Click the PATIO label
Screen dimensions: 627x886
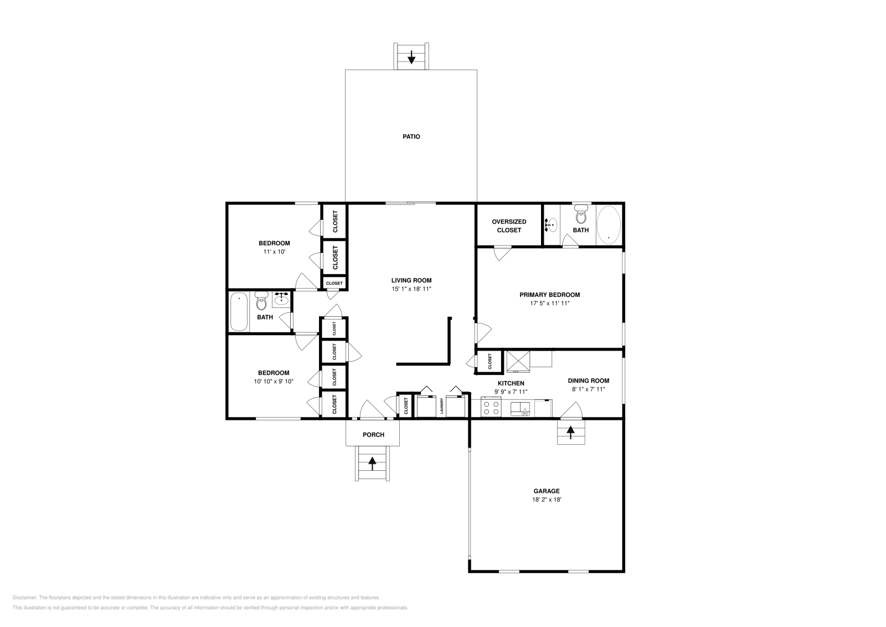click(x=411, y=136)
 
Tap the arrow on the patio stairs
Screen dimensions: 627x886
click(x=411, y=56)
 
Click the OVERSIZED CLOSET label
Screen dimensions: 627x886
click(x=509, y=225)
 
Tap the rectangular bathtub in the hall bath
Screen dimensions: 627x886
click(x=239, y=311)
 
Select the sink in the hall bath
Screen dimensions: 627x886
click(x=281, y=299)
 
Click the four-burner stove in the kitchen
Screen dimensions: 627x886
click(x=491, y=408)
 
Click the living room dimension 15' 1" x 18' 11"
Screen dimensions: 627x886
click(x=411, y=289)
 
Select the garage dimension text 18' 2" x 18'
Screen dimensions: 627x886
click(x=547, y=500)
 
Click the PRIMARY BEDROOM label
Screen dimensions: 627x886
click(x=549, y=295)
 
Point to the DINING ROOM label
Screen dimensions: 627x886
click(x=588, y=381)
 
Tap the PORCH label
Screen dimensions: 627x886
click(x=373, y=435)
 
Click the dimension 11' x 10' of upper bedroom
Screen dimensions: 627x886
click(x=274, y=251)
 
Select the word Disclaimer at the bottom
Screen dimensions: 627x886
click(x=24, y=598)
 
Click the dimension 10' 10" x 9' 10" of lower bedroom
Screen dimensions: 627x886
click(x=274, y=381)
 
